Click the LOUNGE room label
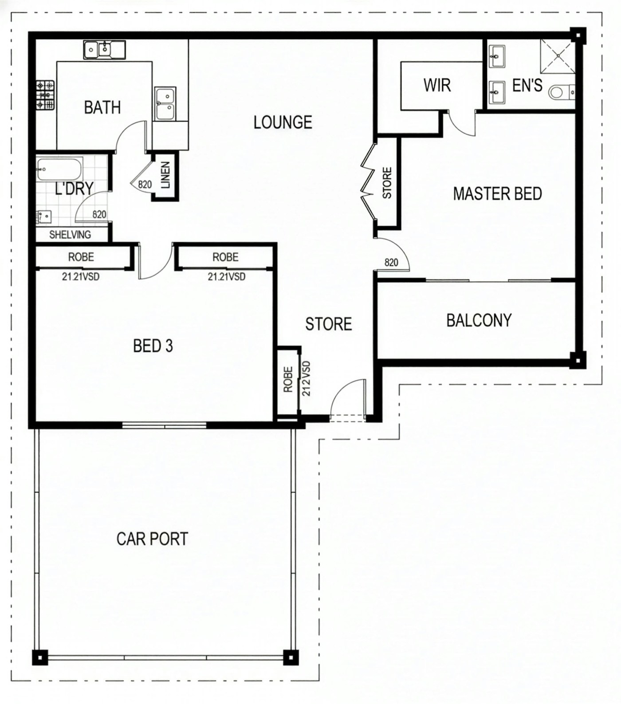283,122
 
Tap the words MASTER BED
497,194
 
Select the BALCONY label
479,320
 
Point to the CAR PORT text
152,539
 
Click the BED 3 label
153,346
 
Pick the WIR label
437,85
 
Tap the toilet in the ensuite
562,93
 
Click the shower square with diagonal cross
558,56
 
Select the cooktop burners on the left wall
45,95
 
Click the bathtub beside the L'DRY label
59,169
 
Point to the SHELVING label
70,235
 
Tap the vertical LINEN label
165,175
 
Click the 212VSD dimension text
306,378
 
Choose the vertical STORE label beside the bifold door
387,183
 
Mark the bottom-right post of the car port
291,657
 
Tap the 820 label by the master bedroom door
391,263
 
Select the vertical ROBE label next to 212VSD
288,379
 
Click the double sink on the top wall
104,50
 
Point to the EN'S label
527,85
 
